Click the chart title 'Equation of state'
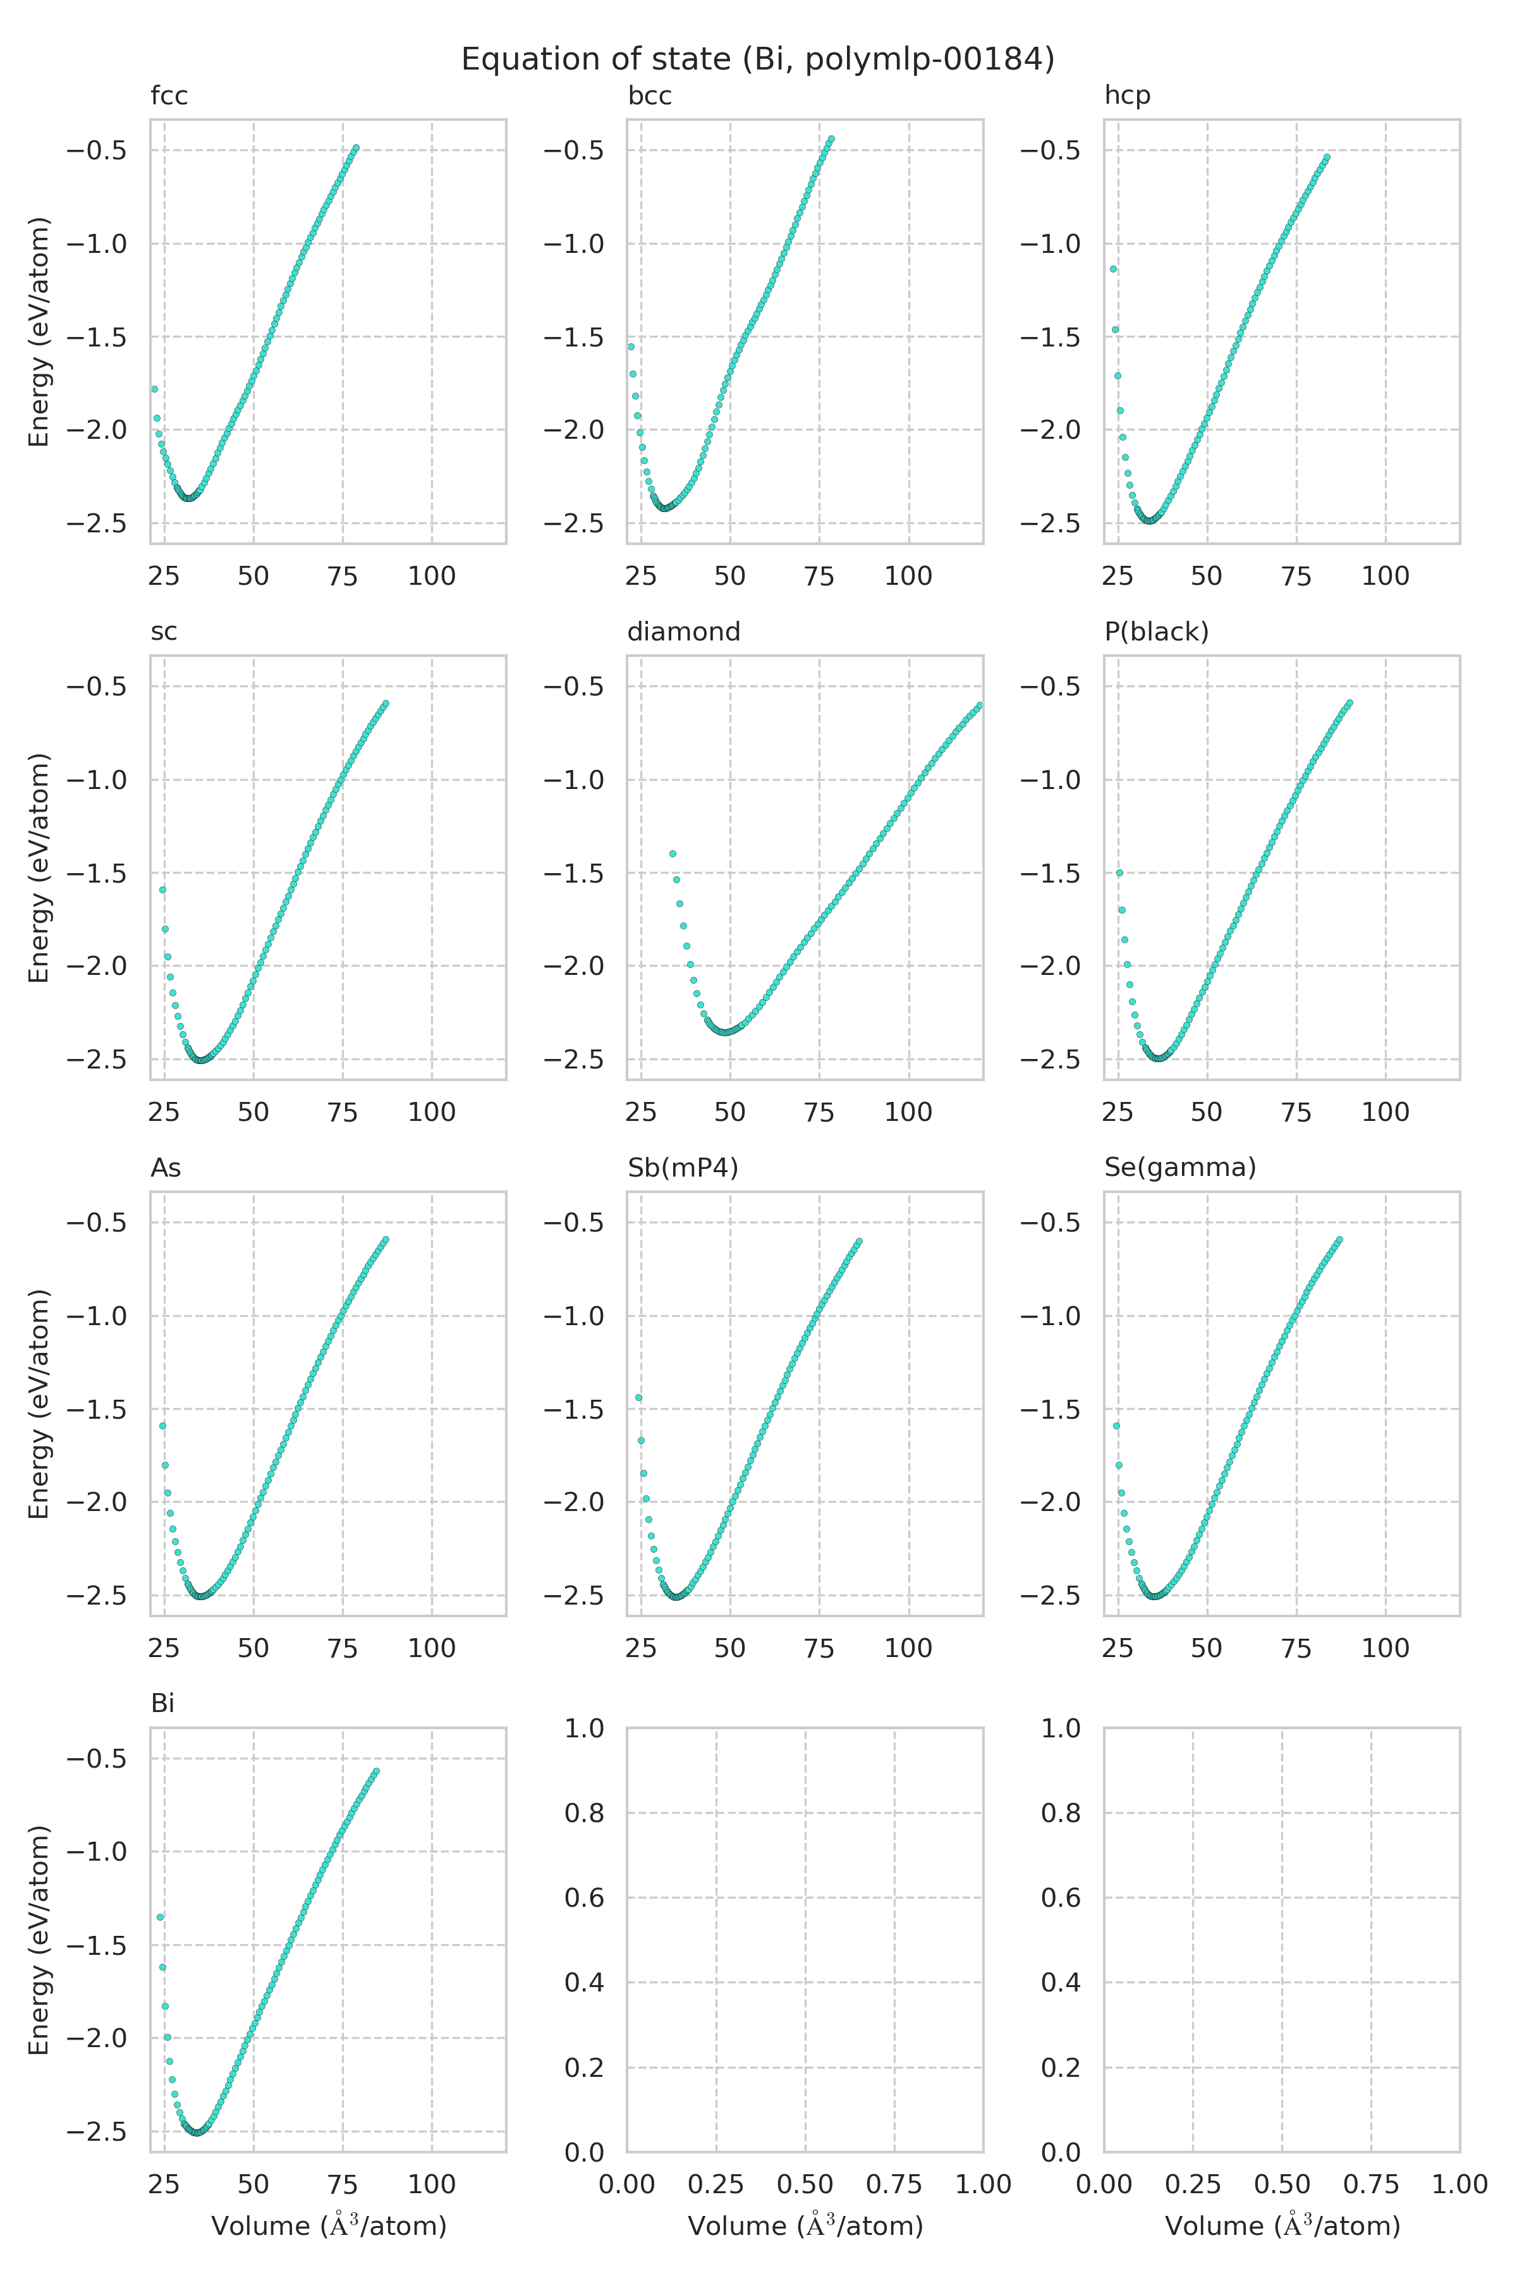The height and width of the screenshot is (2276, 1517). click(x=757, y=60)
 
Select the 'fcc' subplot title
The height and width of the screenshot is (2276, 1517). click(x=169, y=96)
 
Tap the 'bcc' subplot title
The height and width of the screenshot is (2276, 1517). click(x=649, y=96)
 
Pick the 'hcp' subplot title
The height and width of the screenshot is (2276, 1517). click(x=1127, y=96)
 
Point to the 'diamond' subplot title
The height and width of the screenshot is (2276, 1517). click(x=683, y=632)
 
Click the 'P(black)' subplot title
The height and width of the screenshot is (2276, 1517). click(x=1156, y=632)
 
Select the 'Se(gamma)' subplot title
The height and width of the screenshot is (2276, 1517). click(x=1179, y=1168)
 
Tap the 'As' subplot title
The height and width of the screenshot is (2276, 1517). click(x=166, y=1168)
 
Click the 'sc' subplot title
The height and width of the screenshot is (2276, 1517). click(x=164, y=632)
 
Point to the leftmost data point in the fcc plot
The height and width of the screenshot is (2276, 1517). click(x=154, y=389)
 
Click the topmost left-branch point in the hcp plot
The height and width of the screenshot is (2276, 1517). click(x=1114, y=269)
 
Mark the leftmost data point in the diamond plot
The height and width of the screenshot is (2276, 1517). click(x=673, y=853)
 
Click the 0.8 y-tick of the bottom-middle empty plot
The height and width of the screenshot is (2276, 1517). click(x=584, y=1813)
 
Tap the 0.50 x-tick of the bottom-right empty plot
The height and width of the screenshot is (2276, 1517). click(x=1281, y=2184)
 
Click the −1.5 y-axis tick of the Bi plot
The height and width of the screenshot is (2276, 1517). click(x=96, y=1945)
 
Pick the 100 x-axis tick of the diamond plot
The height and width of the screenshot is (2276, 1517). click(x=908, y=1112)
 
